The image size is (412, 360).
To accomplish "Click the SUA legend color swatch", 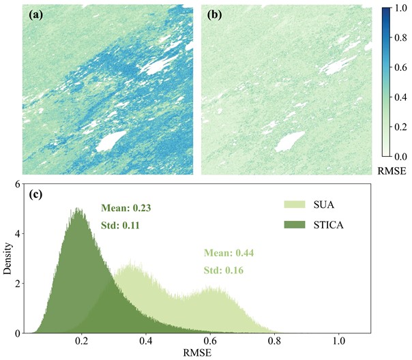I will pos(295,203).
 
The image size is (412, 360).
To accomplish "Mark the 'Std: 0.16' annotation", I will pos(222,269).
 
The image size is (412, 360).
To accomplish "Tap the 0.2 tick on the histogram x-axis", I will pos(83,342).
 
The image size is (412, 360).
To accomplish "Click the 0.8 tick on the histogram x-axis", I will pos(274,342).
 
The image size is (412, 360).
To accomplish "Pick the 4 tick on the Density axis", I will pos(20,233).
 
